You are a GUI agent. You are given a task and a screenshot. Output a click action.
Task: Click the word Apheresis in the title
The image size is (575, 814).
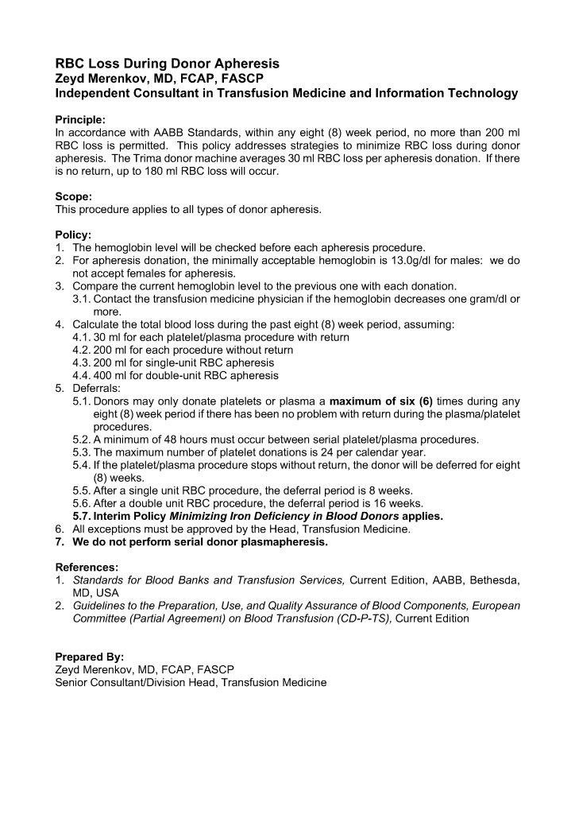(241, 64)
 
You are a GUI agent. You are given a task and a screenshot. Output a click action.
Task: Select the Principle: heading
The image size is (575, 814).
(80, 120)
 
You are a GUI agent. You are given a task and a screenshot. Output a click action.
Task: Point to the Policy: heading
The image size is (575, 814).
(74, 236)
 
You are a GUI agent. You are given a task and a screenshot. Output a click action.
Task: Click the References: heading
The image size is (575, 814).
(87, 568)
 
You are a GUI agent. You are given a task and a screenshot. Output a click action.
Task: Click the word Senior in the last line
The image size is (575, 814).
(73, 683)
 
